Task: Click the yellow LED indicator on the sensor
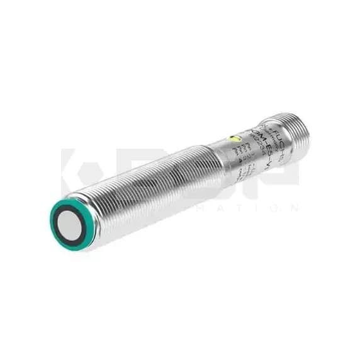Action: pyautogui.click(x=235, y=139)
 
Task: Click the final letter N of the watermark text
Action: pyautogui.click(x=294, y=208)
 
